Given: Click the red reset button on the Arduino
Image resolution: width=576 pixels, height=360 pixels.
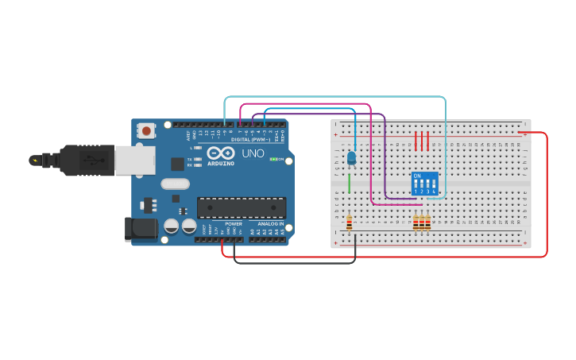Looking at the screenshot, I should click(147, 130).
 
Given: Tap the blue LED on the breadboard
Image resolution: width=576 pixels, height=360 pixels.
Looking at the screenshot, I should click(352, 157).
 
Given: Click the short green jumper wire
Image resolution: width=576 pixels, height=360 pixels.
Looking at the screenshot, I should click(349, 184).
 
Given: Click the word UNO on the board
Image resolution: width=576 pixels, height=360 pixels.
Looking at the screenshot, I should click(253, 153).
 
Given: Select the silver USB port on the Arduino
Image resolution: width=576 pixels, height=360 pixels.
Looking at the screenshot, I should click(134, 160).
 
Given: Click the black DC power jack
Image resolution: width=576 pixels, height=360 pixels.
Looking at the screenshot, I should click(140, 230).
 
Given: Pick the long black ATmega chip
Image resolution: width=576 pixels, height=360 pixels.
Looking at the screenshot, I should click(242, 207).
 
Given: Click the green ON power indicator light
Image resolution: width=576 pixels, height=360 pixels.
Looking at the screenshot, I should click(273, 159).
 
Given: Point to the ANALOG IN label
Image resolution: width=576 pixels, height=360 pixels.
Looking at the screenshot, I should click(265, 224).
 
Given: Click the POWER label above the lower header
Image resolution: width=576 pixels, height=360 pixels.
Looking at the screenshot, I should click(234, 224).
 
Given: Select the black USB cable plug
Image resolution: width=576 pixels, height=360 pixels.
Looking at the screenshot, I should click(87, 160).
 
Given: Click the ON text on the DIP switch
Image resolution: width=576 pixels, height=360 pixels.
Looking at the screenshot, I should click(417, 175).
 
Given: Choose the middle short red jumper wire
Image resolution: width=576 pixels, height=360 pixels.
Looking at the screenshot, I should click(422, 141).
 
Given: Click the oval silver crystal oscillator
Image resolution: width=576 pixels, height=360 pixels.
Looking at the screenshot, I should click(175, 184).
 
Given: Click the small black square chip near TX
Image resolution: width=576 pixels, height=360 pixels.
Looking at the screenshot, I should click(177, 164).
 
